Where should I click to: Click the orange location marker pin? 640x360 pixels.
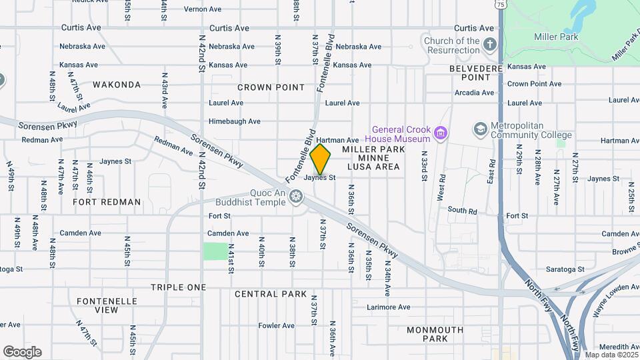pos(321,159)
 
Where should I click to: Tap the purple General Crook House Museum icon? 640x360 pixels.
pos(439,133)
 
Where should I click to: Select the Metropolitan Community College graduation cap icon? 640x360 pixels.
pos(479,129)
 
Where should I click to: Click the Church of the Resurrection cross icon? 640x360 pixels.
pos(490,45)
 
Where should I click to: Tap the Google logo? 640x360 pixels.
pos(22,352)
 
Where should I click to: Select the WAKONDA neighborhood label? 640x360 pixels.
pos(117,85)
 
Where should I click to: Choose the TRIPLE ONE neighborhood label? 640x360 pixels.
pos(178,287)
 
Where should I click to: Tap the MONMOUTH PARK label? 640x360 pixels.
pos(435,334)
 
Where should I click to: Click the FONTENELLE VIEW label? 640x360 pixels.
pos(107,305)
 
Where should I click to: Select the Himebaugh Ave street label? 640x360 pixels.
pos(234,121)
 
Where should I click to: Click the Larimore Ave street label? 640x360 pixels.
pos(389,307)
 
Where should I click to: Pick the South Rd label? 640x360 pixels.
pos(462,211)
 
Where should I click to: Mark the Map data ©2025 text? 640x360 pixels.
pos(611,355)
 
